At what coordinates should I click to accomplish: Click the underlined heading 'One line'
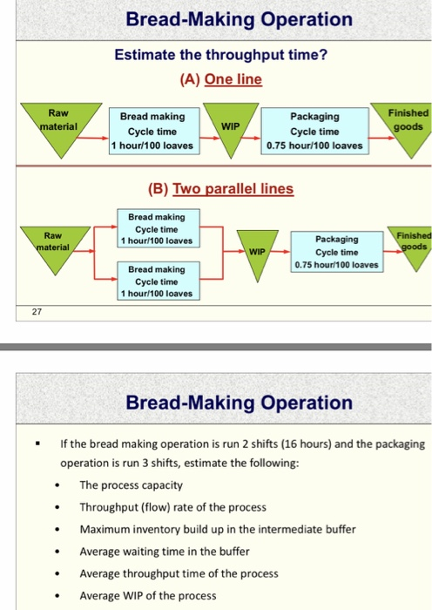coord(233,79)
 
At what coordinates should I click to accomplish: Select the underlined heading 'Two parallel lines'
coord(233,188)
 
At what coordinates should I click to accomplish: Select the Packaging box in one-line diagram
coord(315,130)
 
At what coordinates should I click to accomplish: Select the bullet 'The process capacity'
coord(131,485)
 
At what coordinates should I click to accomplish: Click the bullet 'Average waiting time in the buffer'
coord(165,551)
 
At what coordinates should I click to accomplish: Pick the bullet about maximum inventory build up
coord(216,529)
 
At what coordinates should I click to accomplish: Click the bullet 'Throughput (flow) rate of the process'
coord(172,507)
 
